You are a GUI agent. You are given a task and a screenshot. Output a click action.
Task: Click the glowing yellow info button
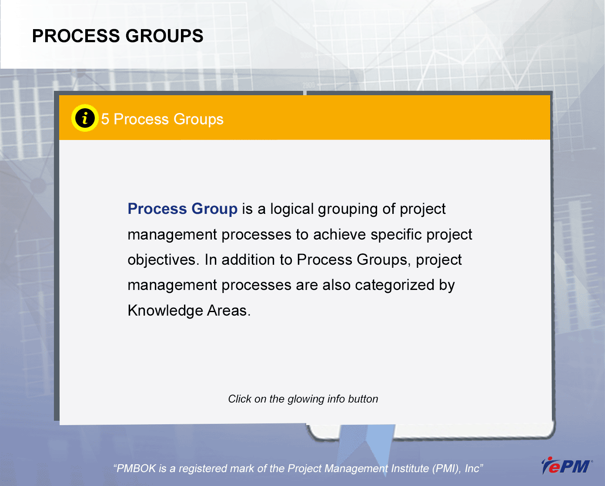(x=85, y=118)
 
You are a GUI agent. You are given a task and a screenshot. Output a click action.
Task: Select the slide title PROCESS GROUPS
(x=117, y=36)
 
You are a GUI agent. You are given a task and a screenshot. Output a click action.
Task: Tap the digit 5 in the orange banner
(x=105, y=119)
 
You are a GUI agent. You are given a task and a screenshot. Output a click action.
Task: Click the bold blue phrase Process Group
(x=183, y=209)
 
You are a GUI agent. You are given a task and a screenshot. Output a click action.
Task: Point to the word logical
(x=292, y=209)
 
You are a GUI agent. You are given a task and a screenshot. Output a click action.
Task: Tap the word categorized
(x=395, y=285)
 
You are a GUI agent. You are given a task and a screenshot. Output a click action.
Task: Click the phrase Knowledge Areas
(x=189, y=311)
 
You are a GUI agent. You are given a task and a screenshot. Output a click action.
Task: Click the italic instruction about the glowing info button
(x=303, y=399)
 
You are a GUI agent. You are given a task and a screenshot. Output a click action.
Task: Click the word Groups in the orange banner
(x=198, y=120)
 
